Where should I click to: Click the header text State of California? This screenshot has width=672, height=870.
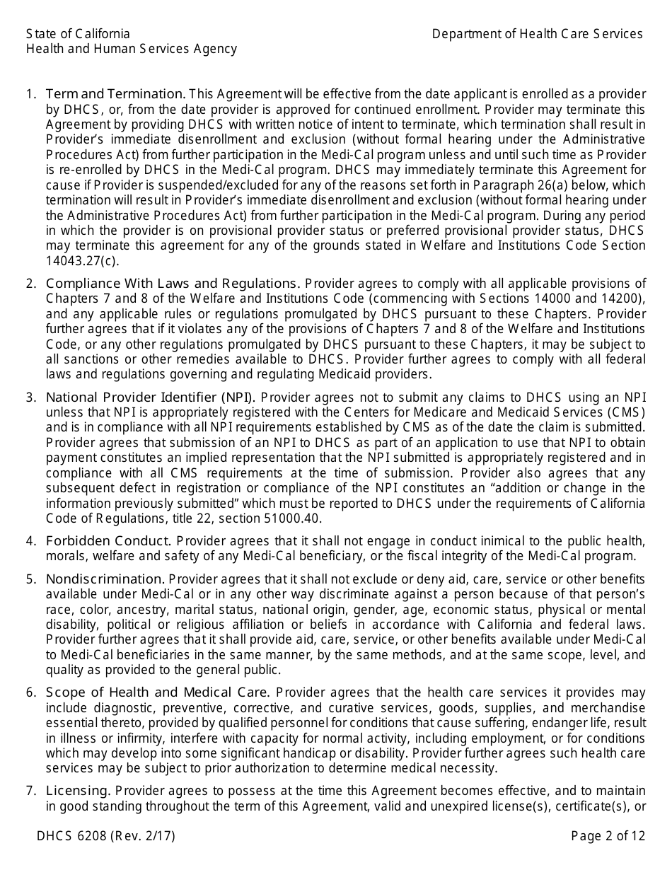(x=78, y=34)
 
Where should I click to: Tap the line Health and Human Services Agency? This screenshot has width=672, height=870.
(x=132, y=49)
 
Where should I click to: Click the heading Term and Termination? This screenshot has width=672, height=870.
(x=115, y=94)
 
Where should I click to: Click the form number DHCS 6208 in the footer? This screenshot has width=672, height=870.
(x=72, y=836)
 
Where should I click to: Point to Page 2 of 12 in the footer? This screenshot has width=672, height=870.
(x=608, y=836)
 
